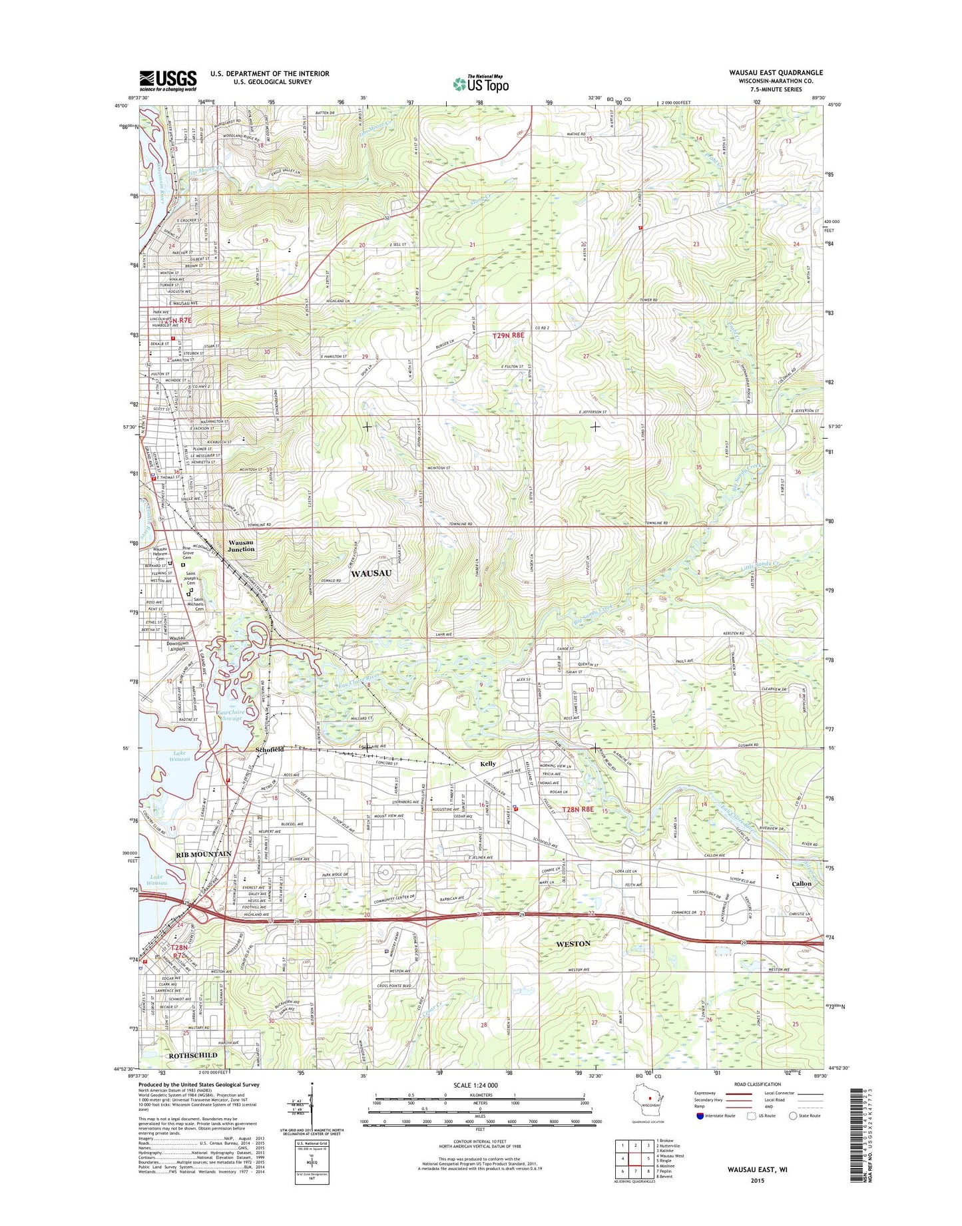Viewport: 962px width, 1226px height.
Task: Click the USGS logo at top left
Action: point(168,81)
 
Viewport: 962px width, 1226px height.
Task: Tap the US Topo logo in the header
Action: point(481,83)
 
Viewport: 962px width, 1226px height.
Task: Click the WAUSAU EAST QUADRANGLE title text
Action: point(776,73)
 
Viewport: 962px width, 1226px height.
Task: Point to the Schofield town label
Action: point(270,749)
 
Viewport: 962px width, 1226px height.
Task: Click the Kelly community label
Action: point(488,765)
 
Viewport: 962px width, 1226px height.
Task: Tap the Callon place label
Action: point(802,884)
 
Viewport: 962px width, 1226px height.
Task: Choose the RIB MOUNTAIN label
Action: point(204,854)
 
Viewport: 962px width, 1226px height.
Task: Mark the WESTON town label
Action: point(573,944)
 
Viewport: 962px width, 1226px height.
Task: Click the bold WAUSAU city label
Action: point(371,573)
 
